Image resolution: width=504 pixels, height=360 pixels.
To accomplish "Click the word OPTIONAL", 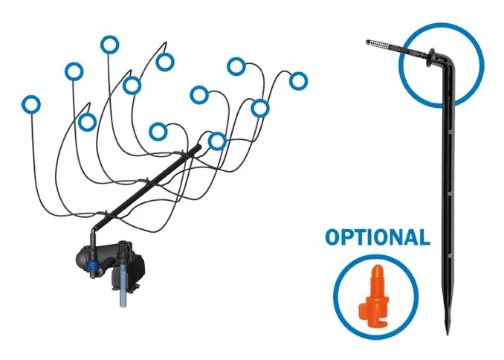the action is coord(378,237).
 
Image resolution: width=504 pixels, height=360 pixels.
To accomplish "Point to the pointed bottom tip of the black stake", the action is coord(448,333).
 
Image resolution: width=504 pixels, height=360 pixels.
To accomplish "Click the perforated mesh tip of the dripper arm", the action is coord(378,43).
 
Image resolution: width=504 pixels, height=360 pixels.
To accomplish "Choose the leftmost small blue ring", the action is coord(31,105).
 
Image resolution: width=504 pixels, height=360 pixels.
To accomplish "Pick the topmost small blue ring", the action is coord(109,45).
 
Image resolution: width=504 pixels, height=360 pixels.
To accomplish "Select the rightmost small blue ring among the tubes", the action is coord(298,81).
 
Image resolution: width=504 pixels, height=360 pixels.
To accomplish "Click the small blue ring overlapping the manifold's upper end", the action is coord(217,141).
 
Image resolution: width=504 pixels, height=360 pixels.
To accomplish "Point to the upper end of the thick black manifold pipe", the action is coord(198,147).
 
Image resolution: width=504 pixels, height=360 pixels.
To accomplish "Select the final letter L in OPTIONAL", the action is coord(425,237).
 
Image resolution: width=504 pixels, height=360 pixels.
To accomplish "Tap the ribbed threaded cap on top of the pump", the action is coord(123,250).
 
